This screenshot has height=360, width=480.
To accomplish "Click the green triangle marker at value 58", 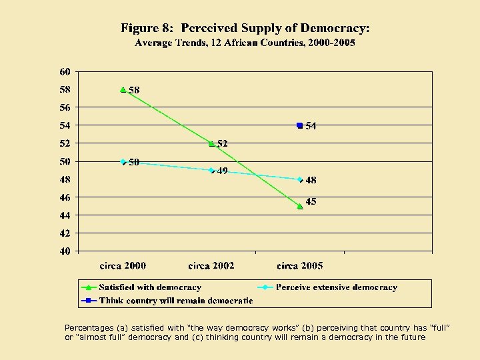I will pos(123,89).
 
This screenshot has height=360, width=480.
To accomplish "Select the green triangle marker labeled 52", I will pos(211,143).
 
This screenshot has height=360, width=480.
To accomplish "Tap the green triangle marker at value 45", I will pos(300,206).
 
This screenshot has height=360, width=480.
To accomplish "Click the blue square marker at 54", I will pos(300,125).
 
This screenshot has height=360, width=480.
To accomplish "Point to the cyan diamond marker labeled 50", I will pos(123,161).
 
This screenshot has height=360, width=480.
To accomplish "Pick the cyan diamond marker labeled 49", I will pos(211,171).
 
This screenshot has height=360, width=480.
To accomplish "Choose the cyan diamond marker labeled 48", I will pos(300,179).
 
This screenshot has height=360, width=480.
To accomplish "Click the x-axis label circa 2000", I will pos(123,265).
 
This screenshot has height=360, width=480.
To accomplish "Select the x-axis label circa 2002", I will pos(211,265).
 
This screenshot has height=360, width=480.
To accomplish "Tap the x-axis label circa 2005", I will pos(300,265).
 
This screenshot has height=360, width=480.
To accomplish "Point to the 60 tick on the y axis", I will pos(65,71).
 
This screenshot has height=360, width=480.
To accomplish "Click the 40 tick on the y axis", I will pos(65,251).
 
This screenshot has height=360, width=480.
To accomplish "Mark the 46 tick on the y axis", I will pos(65,197).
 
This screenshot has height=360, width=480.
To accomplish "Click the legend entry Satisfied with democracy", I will pos(150,287).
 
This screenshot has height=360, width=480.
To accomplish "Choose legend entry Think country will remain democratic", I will pos(176,301).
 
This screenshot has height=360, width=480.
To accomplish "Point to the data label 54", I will pos(311,126).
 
